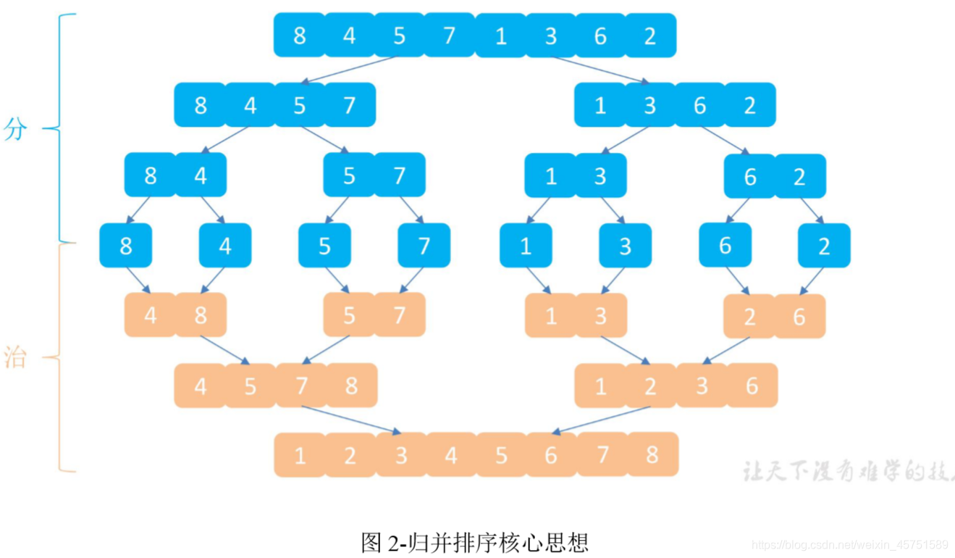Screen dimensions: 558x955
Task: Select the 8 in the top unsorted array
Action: coord(300,35)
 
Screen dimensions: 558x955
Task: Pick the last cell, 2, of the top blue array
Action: coord(650,35)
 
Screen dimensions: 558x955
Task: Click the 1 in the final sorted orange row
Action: coord(300,455)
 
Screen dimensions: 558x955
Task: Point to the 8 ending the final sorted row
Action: coord(652,454)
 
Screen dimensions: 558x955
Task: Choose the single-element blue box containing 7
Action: coord(424,246)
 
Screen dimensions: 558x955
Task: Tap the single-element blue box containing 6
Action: coord(725,246)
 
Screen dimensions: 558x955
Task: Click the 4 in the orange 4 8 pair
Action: coord(150,315)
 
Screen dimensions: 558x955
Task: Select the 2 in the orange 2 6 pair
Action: coord(749,316)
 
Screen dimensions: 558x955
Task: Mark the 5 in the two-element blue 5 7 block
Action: coord(349,175)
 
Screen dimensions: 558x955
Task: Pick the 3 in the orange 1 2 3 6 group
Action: coord(702,386)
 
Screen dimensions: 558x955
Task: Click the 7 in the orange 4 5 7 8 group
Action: coord(300,386)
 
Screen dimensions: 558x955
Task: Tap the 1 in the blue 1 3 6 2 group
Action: coord(600,105)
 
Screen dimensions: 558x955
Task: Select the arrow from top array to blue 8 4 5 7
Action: coord(350,70)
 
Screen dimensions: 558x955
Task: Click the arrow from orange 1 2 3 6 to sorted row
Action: coord(601,420)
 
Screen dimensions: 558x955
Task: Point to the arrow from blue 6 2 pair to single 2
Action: coord(812,210)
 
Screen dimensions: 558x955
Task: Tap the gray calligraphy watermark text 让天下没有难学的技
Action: coord(847,472)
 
